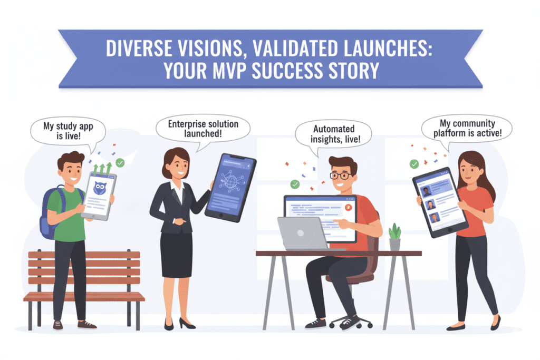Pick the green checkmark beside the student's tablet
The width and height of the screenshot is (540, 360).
pos(121,163)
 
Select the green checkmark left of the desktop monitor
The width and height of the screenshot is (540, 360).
pos(295,184)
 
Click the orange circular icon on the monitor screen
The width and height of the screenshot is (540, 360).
pos(349,209)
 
